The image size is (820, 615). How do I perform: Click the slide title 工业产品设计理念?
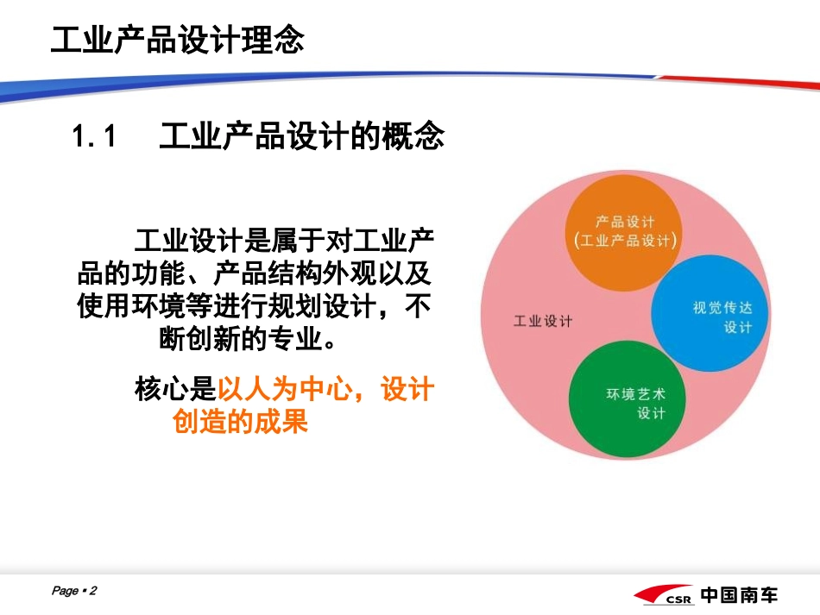(x=177, y=40)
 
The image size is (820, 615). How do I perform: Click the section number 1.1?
(x=94, y=136)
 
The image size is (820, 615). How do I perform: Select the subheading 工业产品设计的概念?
(x=302, y=136)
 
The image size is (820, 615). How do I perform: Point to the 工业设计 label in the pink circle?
(x=543, y=322)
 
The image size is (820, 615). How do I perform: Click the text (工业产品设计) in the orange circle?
(x=625, y=241)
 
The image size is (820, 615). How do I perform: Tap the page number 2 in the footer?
(x=93, y=591)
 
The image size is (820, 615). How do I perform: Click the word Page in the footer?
(x=65, y=591)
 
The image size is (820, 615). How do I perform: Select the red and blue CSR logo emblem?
(x=663, y=596)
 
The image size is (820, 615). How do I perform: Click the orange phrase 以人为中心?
(x=284, y=391)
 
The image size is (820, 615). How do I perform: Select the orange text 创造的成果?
(x=241, y=423)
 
